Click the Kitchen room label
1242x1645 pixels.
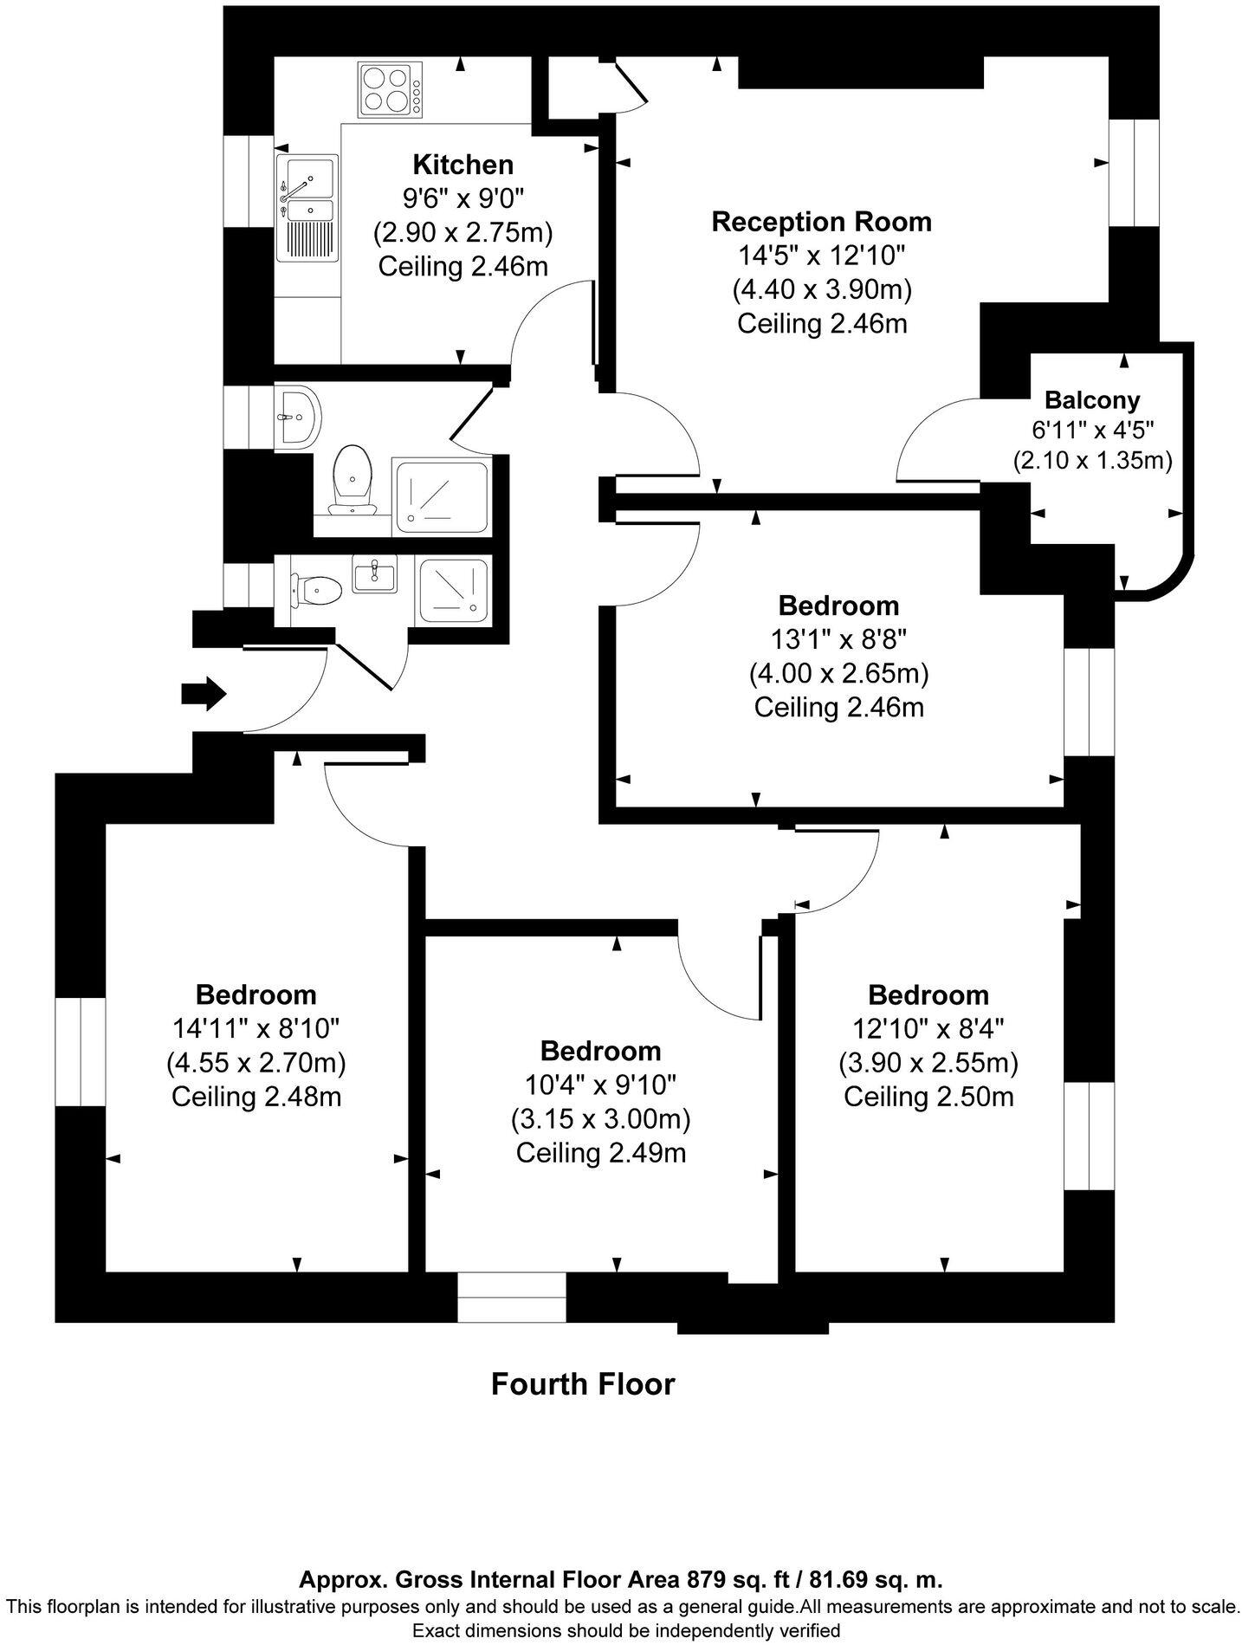coord(463,164)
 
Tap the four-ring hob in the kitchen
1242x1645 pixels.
coord(390,90)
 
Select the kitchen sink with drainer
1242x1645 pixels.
coord(307,208)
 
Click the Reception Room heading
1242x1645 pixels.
coord(821,221)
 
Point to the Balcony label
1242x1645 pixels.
coord(1091,400)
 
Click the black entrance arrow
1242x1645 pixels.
coord(204,694)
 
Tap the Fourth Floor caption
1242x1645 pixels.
coord(582,1383)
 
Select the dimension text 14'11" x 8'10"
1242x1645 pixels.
coord(256,1028)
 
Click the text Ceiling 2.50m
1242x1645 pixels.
coord(928,1097)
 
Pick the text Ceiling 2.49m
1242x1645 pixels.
coord(601,1153)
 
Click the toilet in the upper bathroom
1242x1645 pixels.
coord(353,478)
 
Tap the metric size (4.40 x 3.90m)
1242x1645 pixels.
coord(821,289)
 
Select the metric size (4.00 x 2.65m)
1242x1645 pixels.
coord(838,673)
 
